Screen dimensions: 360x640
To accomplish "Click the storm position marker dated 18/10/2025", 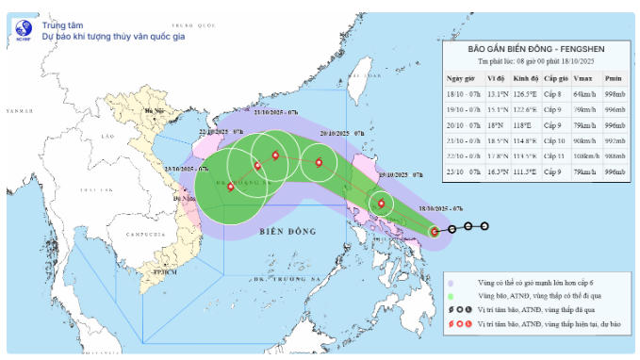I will [x=435, y=231].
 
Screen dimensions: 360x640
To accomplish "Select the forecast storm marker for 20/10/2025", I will [x=320, y=163].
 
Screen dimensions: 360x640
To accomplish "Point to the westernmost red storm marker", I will [x=230, y=187].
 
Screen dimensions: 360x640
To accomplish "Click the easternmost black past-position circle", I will [x=484, y=226].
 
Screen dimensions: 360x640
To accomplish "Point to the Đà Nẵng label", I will [x=185, y=200].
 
